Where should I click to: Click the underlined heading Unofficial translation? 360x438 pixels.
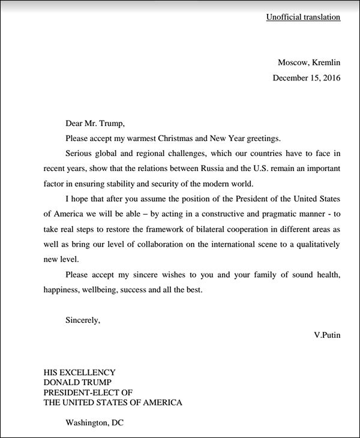click(303, 17)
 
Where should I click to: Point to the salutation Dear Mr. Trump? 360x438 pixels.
click(95, 124)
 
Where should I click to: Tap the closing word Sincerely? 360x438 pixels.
click(83, 320)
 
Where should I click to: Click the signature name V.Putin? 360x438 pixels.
click(326, 335)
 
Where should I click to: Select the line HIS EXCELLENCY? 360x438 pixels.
click(80, 373)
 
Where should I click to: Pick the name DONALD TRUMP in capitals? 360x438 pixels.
click(77, 383)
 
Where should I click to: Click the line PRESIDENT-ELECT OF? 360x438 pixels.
click(88, 392)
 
